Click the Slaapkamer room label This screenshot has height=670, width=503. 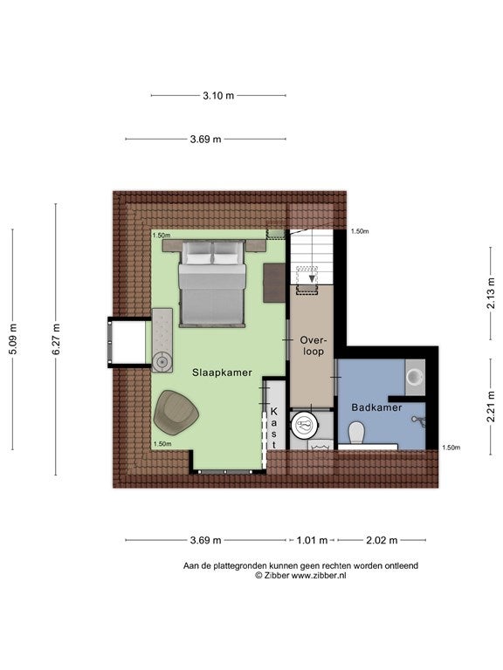(x=222, y=373)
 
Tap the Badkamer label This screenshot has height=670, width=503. (x=376, y=407)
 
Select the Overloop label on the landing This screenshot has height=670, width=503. (x=314, y=345)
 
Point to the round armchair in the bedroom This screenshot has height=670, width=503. (x=176, y=411)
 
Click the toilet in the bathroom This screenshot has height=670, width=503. (x=356, y=433)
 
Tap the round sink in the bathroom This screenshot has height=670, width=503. (x=415, y=377)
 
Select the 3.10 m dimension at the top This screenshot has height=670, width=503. (x=218, y=96)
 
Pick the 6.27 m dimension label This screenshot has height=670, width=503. (x=56, y=339)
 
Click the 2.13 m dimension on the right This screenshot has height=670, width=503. (x=491, y=293)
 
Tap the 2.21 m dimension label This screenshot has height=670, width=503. (x=491, y=407)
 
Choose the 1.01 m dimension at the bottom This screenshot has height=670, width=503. (x=313, y=541)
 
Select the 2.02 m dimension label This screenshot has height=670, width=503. (x=382, y=541)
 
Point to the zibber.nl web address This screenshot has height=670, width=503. (x=319, y=576)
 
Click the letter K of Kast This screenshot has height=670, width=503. (x=273, y=412)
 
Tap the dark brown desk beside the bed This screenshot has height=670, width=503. (x=274, y=283)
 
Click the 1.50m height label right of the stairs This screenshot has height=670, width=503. (x=360, y=231)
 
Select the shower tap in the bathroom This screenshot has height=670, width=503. (x=419, y=420)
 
